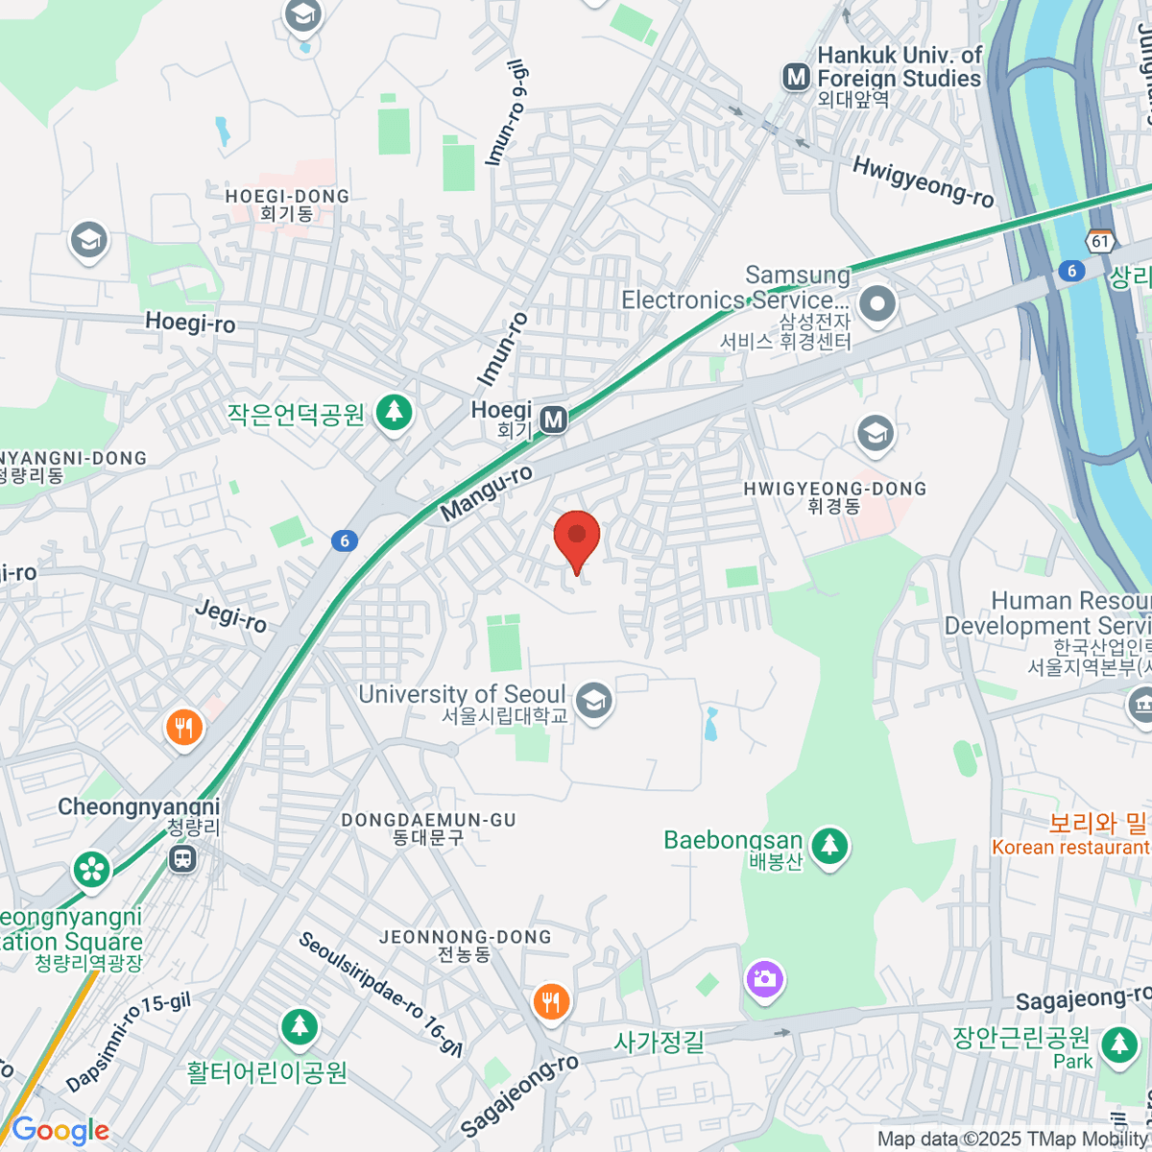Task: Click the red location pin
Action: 577,538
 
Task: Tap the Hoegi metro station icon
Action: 553,420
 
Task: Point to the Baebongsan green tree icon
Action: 830,846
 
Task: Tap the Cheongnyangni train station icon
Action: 182,857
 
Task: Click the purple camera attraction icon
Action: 764,980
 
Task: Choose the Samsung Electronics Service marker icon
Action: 876,305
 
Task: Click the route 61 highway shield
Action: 1101,241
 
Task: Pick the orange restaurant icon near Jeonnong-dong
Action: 550,1002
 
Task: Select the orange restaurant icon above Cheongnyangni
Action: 183,728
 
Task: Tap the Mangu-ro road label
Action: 486,495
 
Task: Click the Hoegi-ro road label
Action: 190,323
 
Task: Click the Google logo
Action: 60,1131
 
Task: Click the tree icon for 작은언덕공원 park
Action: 393,414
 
